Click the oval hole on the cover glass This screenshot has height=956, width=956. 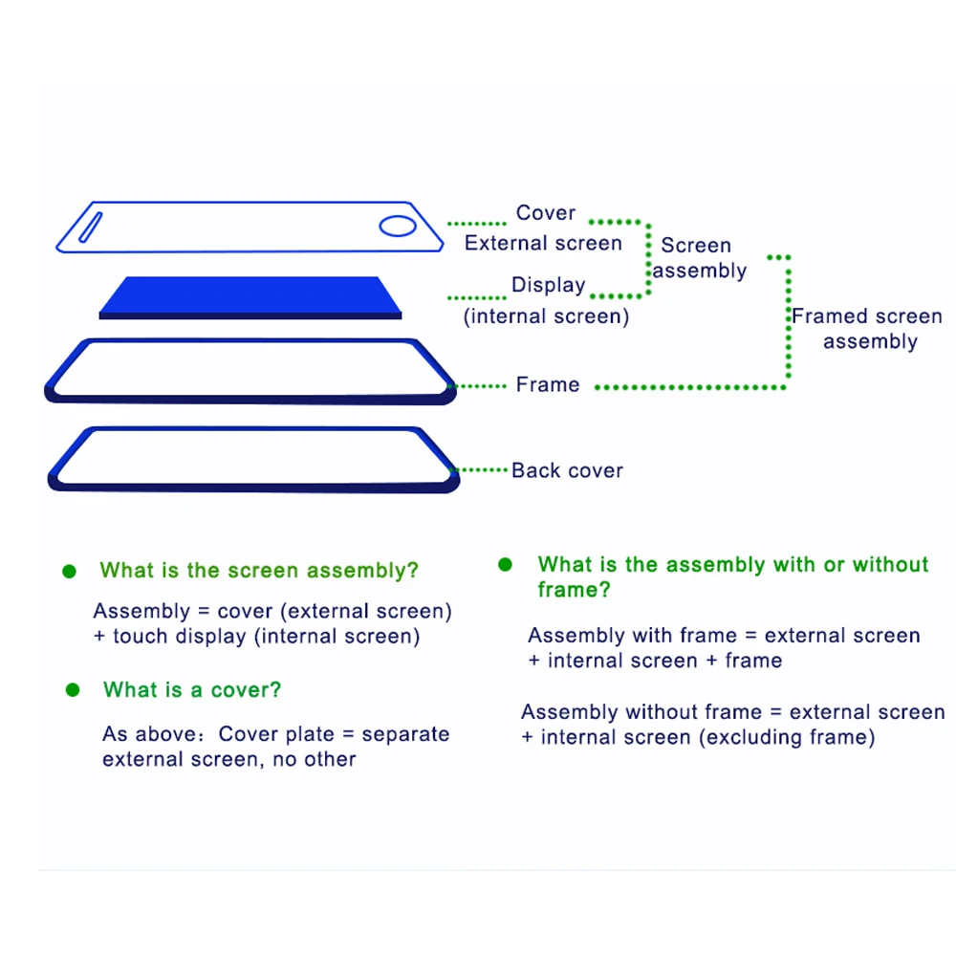tap(397, 227)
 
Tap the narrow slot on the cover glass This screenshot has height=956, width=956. tap(90, 228)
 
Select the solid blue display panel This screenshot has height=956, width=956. tap(250, 297)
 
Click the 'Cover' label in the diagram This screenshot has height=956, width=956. tap(546, 213)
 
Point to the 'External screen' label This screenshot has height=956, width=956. tap(543, 244)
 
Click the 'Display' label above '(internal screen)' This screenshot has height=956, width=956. tap(549, 285)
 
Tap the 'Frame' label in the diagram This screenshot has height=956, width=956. tap(548, 384)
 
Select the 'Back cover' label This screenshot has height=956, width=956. tap(567, 470)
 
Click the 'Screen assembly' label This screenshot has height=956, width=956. tap(699, 258)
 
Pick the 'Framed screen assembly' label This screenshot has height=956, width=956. tap(867, 329)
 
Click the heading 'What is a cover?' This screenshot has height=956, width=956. tap(192, 690)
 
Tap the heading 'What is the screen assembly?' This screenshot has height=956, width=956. tap(259, 571)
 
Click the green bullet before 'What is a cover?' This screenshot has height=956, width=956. tap(72, 690)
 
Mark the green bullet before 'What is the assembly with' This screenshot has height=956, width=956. tap(505, 565)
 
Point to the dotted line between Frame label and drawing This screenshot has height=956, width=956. tap(478, 386)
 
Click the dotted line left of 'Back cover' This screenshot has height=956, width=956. tap(483, 469)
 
